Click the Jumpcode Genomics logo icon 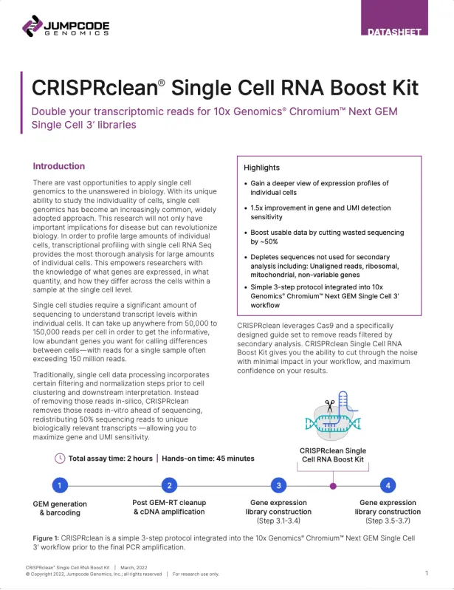[32, 26]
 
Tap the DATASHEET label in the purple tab [394, 32]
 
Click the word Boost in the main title [360, 88]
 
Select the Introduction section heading [58, 166]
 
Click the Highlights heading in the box [262, 168]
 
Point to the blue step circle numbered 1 [60, 485]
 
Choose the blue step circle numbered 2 [169, 485]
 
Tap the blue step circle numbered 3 [279, 485]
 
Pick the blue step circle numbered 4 [388, 485]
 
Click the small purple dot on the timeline [333, 486]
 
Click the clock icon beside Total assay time [60, 459]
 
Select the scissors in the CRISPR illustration [330, 405]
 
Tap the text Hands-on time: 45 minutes [208, 459]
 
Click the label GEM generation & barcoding [60, 508]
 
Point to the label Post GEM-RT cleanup [169, 502]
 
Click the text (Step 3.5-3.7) [388, 521]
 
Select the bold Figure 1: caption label [46, 538]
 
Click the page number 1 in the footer [427, 573]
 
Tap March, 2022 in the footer [134, 567]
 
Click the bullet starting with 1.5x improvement [320, 212]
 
